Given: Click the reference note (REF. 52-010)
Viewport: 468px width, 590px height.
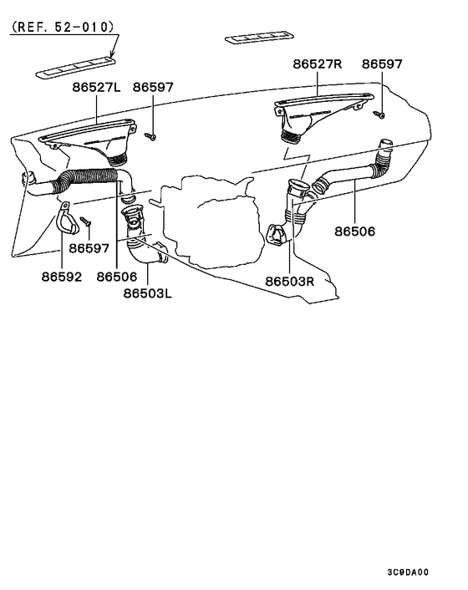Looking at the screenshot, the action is (x=63, y=27).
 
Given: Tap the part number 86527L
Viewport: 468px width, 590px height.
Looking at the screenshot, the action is (x=96, y=87).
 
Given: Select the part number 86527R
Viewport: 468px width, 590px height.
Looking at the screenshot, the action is (x=318, y=64).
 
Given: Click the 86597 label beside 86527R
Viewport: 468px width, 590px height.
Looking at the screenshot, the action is (x=382, y=64).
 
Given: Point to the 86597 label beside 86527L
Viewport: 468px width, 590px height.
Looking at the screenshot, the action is (x=153, y=87).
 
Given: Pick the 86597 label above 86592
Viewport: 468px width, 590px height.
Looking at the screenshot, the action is (x=89, y=248).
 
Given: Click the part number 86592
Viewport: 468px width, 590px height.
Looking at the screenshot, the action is (x=62, y=277).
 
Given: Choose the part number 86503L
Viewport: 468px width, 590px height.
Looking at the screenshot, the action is (x=147, y=293).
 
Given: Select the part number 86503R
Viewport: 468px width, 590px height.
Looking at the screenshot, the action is (x=290, y=282).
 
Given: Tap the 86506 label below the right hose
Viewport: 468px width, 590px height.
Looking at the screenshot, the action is (x=355, y=231).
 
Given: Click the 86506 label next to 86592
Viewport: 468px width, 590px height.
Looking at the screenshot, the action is (x=117, y=277).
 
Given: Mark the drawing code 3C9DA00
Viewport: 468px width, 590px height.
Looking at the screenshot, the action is (x=408, y=572).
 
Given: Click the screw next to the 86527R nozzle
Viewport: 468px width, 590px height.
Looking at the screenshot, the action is (x=379, y=114).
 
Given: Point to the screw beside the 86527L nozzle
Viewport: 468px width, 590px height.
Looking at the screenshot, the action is (x=150, y=136).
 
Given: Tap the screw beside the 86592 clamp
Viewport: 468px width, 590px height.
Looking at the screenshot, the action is (x=86, y=221).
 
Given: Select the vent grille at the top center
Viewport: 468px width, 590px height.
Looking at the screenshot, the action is (x=259, y=38).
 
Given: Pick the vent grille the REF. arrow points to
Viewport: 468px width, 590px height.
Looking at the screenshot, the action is (x=75, y=68).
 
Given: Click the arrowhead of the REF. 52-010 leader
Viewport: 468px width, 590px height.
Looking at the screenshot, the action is (x=112, y=56).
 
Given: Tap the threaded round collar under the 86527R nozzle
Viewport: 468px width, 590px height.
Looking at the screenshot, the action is (x=291, y=136).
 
